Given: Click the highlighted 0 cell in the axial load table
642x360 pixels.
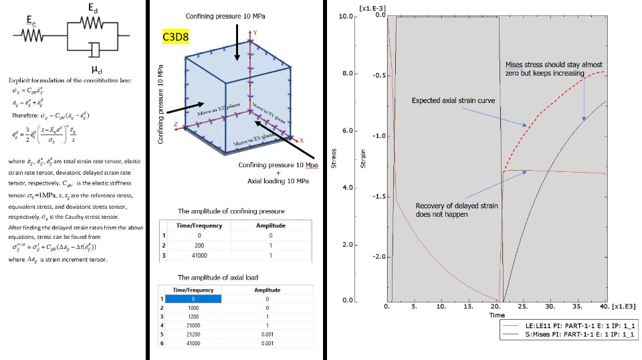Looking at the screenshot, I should click(193, 298).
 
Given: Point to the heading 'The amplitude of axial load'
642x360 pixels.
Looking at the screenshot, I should click(217, 277).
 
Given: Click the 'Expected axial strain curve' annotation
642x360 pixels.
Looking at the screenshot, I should click(453, 100).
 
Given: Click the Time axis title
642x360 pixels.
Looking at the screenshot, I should click(496, 314).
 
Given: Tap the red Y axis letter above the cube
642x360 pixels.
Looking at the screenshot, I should click(255, 31).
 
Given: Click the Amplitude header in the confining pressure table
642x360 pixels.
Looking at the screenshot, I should click(270, 226).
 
